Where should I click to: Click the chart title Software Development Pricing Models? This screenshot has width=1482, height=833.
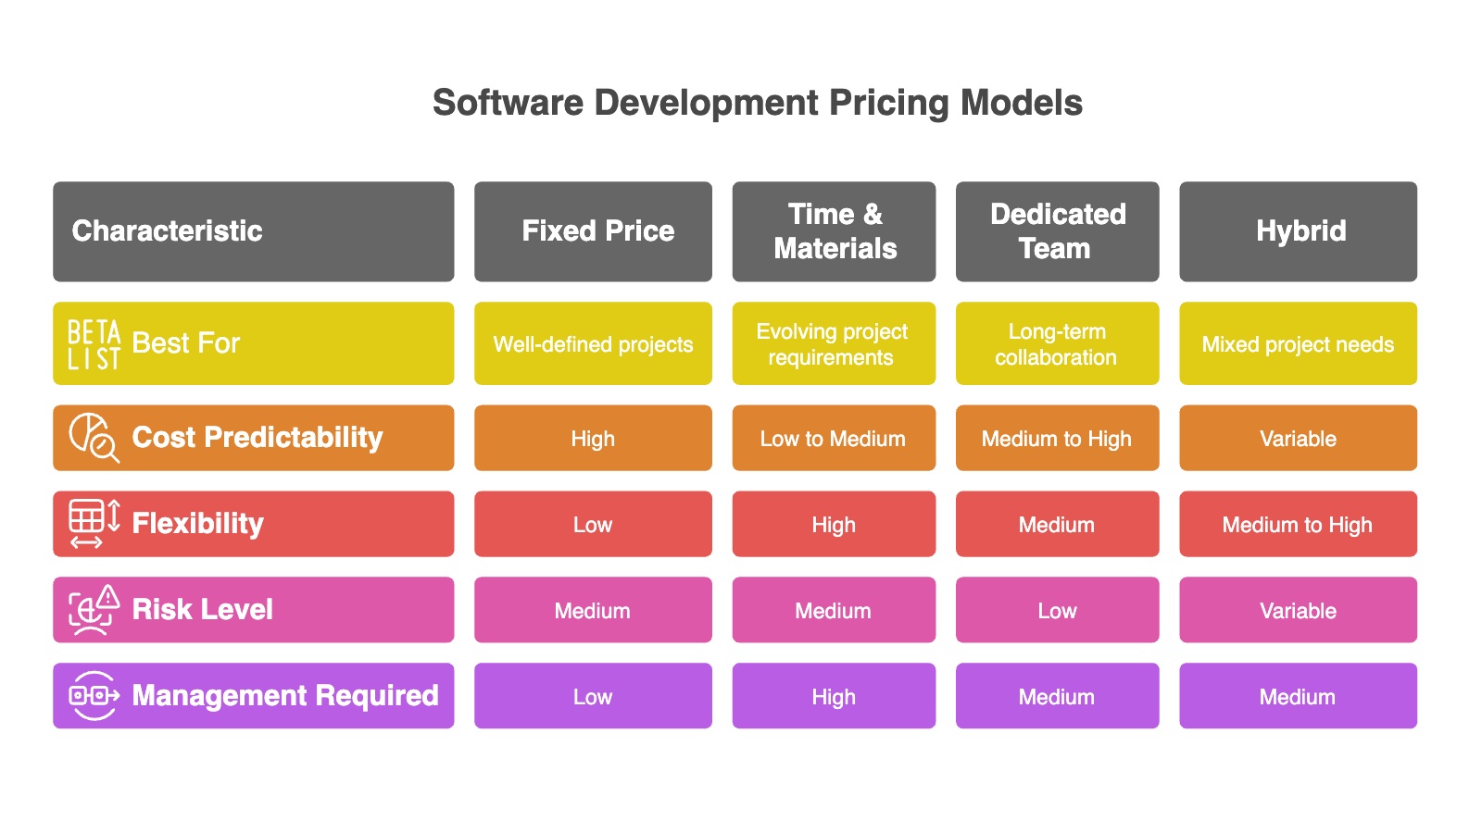757,103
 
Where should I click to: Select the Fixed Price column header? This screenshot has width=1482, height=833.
593,231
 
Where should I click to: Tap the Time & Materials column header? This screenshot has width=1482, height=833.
834,231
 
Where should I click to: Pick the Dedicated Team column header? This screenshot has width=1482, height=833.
1057,231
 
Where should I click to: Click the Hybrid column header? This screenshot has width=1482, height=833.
1298,231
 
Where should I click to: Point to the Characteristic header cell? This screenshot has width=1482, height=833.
254,231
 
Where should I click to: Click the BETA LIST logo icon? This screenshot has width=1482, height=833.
94,343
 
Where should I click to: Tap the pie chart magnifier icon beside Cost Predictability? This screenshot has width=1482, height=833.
94,438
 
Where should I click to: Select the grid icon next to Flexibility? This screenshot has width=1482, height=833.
94,524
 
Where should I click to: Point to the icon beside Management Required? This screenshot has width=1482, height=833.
94,695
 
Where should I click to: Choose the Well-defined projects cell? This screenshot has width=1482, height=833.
593,343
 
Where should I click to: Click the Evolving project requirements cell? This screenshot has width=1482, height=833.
834,343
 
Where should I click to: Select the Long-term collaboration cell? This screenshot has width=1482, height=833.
1057,343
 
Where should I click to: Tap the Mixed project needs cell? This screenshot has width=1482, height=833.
1298,343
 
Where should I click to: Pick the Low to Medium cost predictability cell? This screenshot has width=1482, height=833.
834,438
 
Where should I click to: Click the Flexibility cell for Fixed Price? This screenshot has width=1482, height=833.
593,524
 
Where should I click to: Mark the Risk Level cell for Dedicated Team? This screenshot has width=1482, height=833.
1057,610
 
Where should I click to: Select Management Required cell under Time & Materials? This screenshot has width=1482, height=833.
834,695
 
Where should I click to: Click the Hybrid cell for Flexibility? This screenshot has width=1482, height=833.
1298,524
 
